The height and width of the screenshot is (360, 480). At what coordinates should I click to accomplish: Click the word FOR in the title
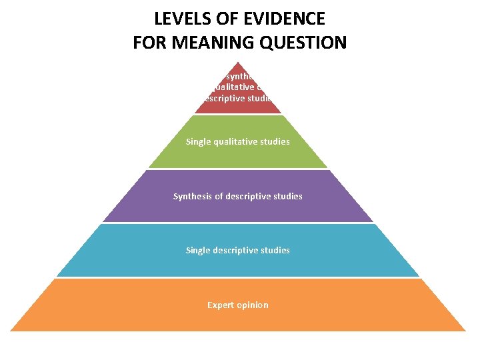point(150,43)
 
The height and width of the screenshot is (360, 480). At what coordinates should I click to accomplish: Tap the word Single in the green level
point(199,141)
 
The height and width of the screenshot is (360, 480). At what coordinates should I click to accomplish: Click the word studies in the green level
point(275,141)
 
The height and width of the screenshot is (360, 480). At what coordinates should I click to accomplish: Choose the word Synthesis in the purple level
point(194,196)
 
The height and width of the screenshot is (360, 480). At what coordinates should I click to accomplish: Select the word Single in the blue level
point(199,250)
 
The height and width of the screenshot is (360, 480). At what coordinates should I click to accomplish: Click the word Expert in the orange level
point(221,305)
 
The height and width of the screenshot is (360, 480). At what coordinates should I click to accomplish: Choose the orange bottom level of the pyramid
point(133,313)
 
